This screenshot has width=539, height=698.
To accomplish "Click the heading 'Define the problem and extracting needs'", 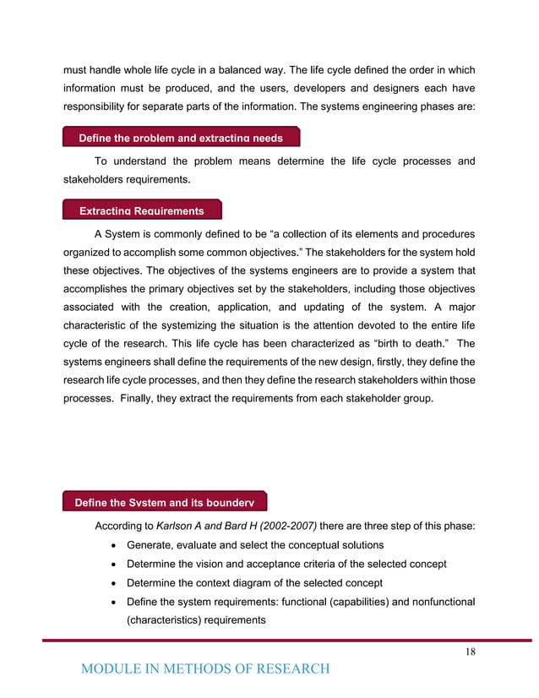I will (x=181, y=138).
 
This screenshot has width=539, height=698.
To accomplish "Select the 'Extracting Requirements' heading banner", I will (x=141, y=210).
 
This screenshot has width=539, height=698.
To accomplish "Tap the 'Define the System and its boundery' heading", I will (x=165, y=503).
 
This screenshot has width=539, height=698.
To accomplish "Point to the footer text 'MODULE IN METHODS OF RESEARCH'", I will (x=205, y=669).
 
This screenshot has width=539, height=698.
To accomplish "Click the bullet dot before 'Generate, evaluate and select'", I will (x=113, y=545).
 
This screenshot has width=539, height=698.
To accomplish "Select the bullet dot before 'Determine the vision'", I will (x=113, y=564).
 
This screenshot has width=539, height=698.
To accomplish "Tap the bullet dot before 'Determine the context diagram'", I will (x=113, y=583).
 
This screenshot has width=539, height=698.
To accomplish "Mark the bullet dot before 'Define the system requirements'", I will (x=113, y=602).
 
